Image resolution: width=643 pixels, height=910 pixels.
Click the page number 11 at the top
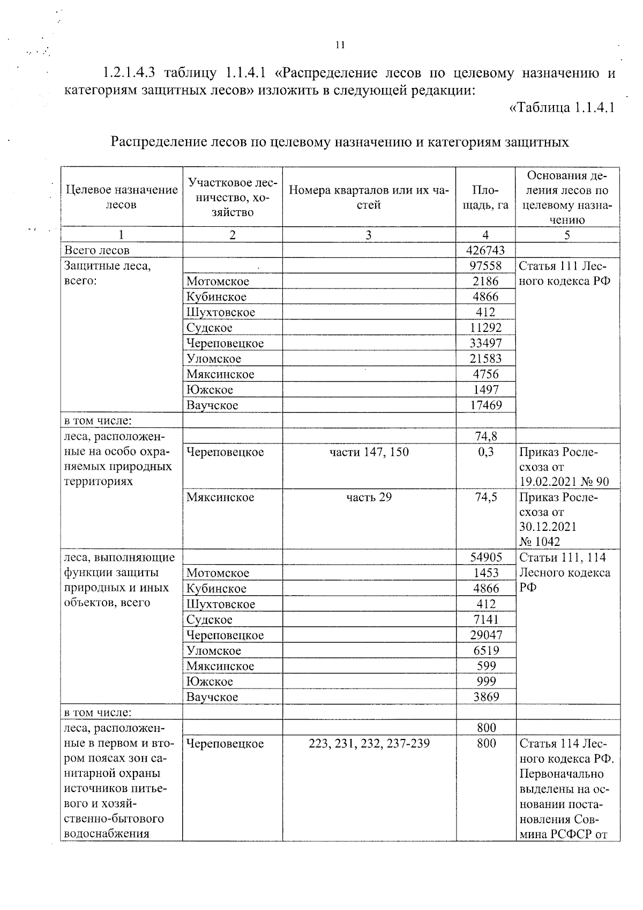(340, 46)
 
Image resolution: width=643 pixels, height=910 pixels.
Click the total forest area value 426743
(485, 250)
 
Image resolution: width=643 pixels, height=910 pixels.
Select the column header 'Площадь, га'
(485, 197)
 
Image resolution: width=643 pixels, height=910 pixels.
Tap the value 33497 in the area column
(485, 343)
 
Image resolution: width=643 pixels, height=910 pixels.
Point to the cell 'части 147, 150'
(369, 452)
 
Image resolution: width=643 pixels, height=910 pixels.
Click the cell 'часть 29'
(369, 497)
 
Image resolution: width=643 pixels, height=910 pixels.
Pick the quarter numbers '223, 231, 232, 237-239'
(369, 743)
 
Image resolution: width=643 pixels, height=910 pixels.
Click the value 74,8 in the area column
(485, 436)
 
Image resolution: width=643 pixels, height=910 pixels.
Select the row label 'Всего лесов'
(97, 250)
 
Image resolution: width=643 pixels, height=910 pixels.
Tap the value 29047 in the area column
(485, 635)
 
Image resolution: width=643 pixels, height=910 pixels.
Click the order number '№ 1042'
(540, 542)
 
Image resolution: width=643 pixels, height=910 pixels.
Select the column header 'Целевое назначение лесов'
(122, 197)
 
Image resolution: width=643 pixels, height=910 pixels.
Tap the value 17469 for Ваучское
(485, 405)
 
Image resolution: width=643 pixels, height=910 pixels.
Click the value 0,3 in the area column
(485, 452)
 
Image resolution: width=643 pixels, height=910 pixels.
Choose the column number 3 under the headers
(369, 235)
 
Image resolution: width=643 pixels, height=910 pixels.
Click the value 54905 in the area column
(485, 557)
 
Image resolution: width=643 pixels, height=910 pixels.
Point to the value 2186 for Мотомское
(485, 281)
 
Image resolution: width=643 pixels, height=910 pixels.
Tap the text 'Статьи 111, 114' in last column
(562, 557)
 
